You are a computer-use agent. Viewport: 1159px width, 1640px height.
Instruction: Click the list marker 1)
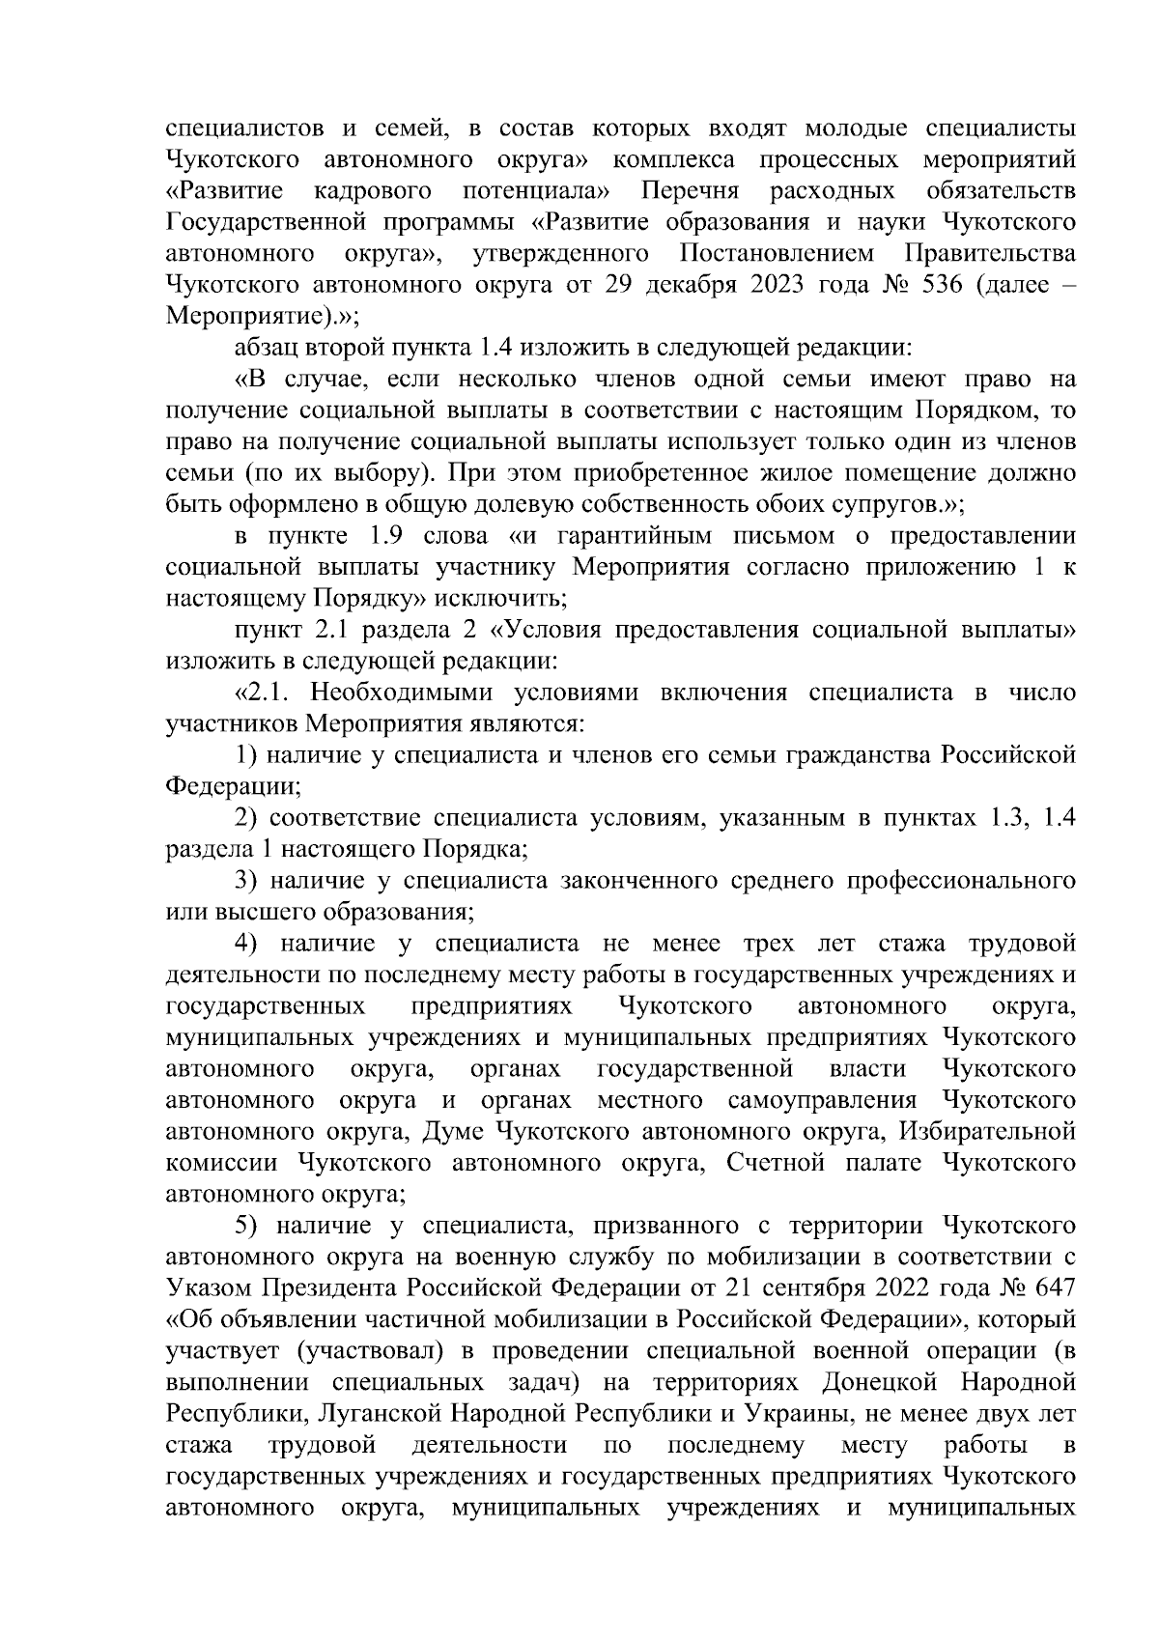(247, 755)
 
